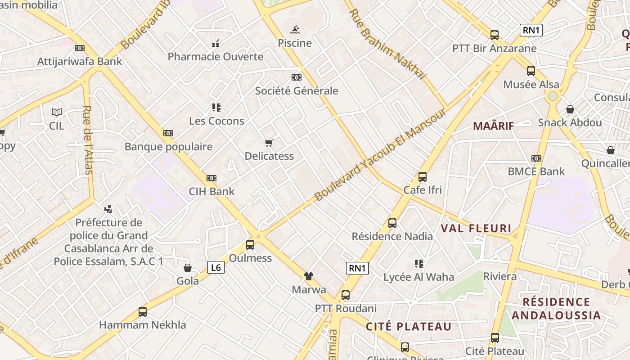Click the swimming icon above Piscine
point(295,30)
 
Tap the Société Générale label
point(297,91)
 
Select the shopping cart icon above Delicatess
point(269,143)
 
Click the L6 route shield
point(216,267)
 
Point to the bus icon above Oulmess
point(250,245)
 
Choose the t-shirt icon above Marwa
point(308,276)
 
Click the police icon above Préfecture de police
point(108,209)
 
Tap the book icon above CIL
point(57,112)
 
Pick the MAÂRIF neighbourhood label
point(493,126)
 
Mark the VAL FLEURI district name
point(476,229)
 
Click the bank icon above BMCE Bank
point(536,158)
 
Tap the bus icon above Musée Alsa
point(531,71)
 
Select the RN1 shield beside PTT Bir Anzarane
point(531,31)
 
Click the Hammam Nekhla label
point(142,325)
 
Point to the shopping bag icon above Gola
point(188,268)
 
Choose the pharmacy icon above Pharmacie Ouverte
point(216,44)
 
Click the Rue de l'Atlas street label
point(88,140)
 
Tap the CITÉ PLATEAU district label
point(408,327)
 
